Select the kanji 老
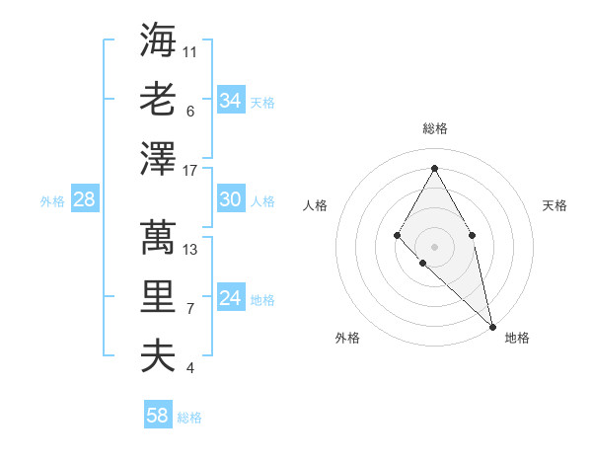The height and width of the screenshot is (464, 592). (x=158, y=99)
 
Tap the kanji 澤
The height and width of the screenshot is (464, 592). (x=158, y=158)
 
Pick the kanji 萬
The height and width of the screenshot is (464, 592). (x=158, y=237)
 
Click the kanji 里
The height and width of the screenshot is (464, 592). (x=158, y=296)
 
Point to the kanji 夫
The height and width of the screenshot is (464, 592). (x=158, y=355)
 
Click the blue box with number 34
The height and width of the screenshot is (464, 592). (x=230, y=101)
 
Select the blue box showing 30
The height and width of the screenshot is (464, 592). (x=230, y=199)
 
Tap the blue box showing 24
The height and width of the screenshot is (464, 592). (x=230, y=298)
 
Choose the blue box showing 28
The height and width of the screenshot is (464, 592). (x=84, y=199)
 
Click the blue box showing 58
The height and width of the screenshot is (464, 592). (x=158, y=416)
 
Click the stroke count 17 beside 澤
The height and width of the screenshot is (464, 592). (x=190, y=170)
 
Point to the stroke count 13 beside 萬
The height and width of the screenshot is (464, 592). (x=190, y=249)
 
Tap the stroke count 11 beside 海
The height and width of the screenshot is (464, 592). (x=190, y=51)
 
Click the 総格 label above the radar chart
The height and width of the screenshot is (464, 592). (x=434, y=128)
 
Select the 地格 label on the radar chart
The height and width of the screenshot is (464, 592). (x=517, y=338)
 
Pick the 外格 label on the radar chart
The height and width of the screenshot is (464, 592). (x=347, y=338)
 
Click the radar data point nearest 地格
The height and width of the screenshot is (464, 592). (x=492, y=326)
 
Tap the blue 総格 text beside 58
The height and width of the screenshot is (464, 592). (x=189, y=418)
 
